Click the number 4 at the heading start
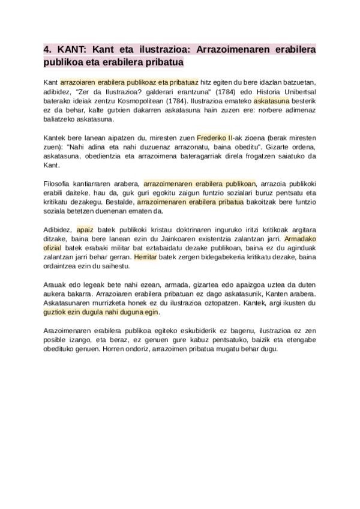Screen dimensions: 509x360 click(x=47, y=49)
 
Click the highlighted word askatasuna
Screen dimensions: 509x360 click(x=271, y=101)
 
